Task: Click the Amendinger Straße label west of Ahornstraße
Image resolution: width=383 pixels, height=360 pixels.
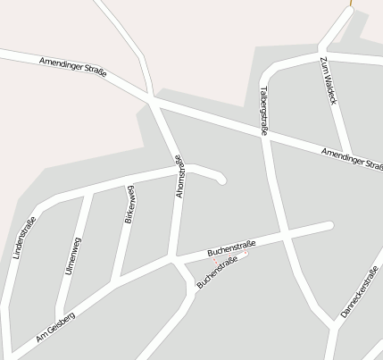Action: (x=73, y=67)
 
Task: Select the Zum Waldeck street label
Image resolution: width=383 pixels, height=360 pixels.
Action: (x=328, y=81)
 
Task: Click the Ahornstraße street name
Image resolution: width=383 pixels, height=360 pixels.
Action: (x=179, y=175)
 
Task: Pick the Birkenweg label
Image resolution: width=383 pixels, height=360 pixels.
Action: (x=129, y=205)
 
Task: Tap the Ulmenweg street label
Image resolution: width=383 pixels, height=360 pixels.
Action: (x=73, y=254)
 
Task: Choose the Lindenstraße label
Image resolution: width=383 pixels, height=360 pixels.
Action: (x=24, y=239)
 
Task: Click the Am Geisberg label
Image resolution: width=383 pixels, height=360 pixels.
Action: (x=55, y=329)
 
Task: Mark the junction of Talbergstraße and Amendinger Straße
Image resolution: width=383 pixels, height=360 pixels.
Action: (x=266, y=135)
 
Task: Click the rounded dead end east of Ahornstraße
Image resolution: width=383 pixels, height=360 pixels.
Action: (x=221, y=180)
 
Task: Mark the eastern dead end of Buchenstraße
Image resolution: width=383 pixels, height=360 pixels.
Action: (x=329, y=225)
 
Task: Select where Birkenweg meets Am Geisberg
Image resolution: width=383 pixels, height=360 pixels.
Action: (x=113, y=282)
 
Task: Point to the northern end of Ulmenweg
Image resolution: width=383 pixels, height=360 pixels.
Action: (x=89, y=193)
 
